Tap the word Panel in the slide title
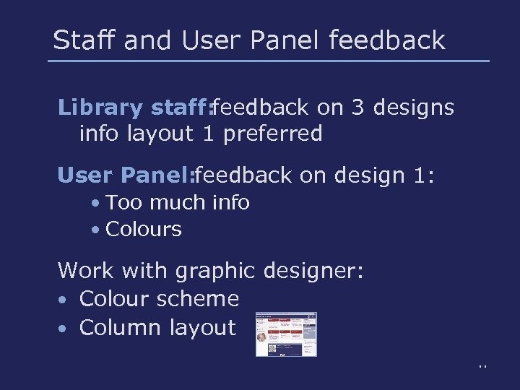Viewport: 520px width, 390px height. pos(283,40)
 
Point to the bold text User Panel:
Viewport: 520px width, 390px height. pos(126,175)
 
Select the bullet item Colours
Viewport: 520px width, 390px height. pos(143,230)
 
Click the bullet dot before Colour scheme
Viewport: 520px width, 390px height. pos(64,300)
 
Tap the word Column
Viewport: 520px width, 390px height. pos(121,327)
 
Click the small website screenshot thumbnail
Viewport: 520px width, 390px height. pos(287,334)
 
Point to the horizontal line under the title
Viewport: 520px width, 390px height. pos(269,61)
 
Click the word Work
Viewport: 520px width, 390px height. pos(87,271)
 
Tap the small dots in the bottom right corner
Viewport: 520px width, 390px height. pos(482,367)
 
